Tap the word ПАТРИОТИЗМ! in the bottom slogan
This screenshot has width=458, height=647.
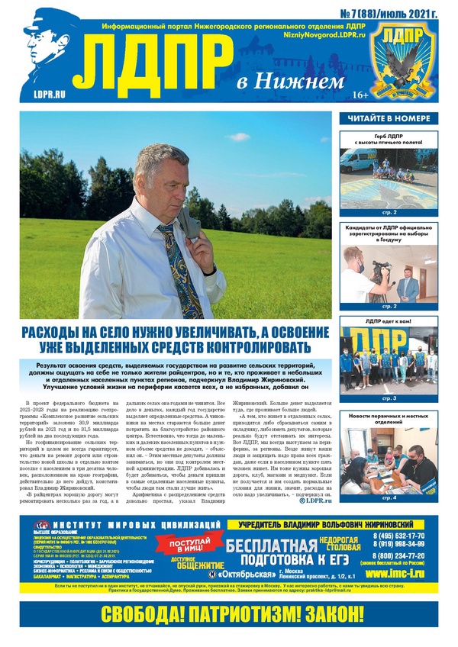pos(230,615)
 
